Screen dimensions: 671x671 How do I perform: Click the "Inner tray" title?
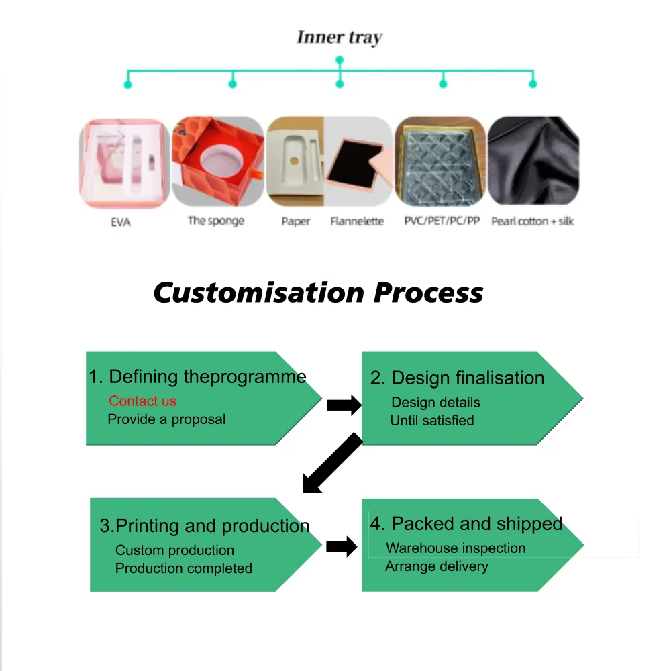tap(339, 38)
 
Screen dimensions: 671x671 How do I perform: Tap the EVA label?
tap(120, 222)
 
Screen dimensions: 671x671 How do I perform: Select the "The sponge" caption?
tap(216, 221)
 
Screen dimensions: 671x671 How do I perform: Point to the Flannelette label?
tap(357, 221)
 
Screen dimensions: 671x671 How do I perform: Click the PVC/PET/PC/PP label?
tap(442, 221)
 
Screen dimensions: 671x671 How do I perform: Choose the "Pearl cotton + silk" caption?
tap(532, 221)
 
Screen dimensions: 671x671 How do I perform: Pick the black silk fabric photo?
tap(533, 161)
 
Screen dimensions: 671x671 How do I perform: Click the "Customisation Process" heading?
tap(318, 293)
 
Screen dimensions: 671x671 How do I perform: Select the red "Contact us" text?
tap(142, 401)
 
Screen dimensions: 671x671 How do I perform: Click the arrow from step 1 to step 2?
tap(344, 405)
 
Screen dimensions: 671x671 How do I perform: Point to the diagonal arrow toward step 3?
tap(333, 463)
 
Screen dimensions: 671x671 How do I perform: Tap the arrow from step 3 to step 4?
tap(342, 546)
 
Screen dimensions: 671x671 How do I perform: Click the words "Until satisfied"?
tap(432, 421)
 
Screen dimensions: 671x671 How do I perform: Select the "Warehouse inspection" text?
tap(456, 548)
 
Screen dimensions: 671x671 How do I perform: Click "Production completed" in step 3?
tap(183, 568)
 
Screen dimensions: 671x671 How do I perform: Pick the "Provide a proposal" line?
tap(166, 419)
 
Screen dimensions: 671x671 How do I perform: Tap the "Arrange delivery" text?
tap(436, 566)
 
